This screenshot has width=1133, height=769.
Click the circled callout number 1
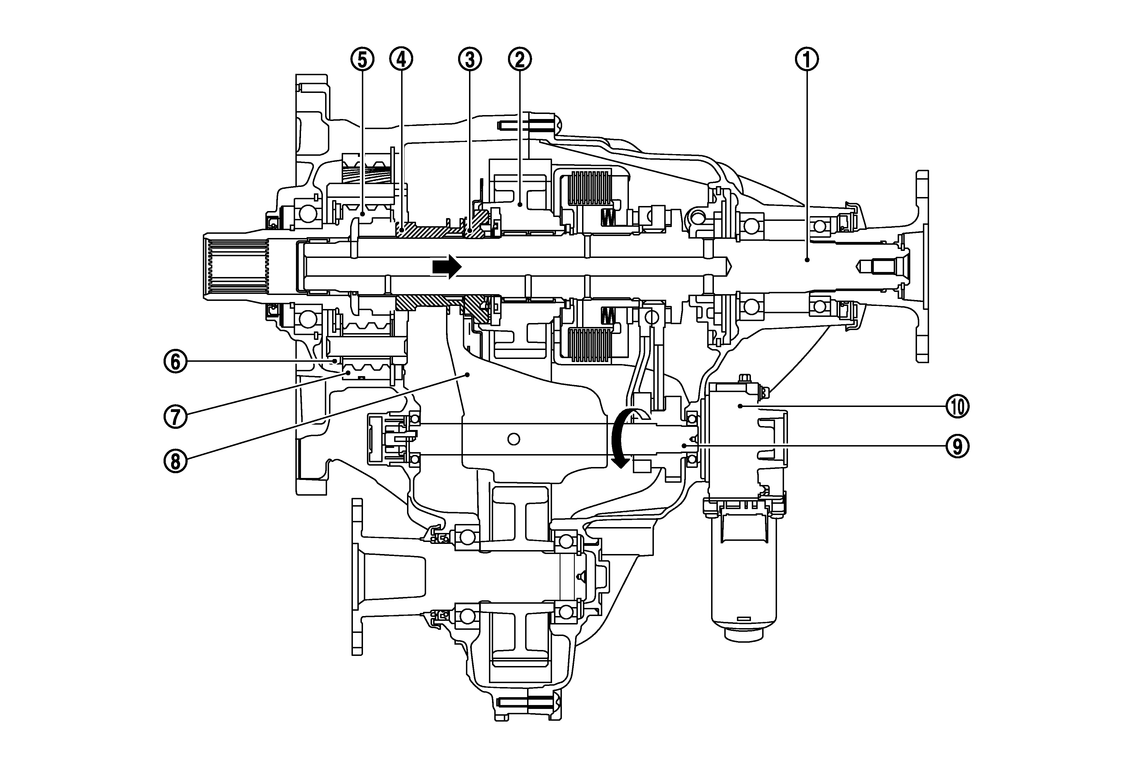(807, 59)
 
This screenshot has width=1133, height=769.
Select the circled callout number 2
(520, 59)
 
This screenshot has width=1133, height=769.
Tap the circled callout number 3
(470, 59)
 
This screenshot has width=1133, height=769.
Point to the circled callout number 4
(401, 59)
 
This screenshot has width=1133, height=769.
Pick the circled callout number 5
(362, 59)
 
